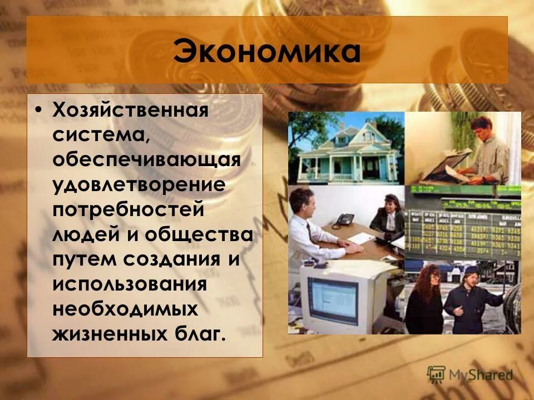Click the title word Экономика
point(266,51)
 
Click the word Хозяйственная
point(130,110)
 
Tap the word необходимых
point(126,309)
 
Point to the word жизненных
point(106,334)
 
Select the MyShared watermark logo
point(471,374)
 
